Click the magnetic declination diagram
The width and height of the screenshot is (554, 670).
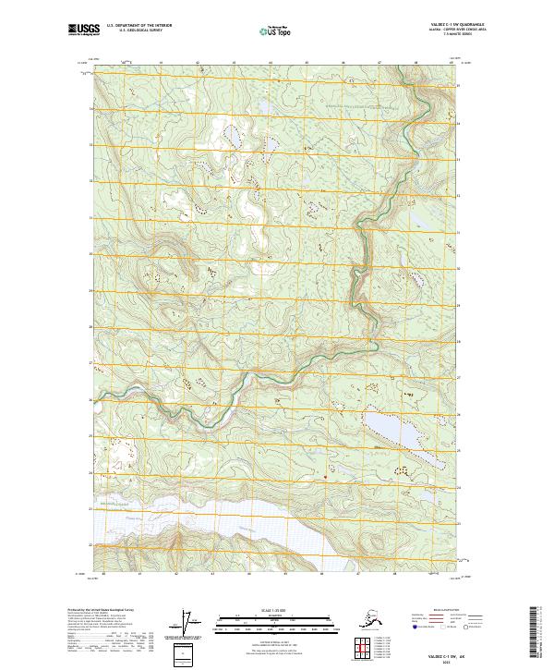pyautogui.click(x=191, y=623)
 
